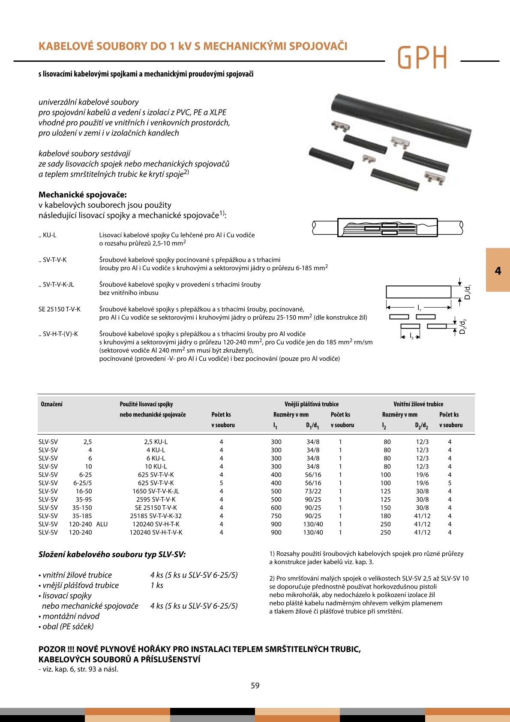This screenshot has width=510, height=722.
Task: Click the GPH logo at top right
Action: pos(422,57)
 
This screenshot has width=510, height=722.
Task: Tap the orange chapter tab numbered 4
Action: pos(498,270)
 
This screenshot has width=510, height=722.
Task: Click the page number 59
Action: pos(255,686)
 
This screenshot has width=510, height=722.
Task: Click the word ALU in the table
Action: pos(102,524)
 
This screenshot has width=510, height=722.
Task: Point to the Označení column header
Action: pos(51,404)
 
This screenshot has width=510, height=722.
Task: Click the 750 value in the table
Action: pos(276,516)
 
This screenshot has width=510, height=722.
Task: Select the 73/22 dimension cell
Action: pos(313,491)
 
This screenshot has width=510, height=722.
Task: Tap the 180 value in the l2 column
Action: pos(385,516)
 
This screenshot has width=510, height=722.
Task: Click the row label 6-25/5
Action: pos(82,483)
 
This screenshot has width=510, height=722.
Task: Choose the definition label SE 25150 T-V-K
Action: pos(60,309)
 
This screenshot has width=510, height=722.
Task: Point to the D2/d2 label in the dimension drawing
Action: pos(462,327)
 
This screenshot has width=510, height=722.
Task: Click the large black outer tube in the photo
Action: pos(399,116)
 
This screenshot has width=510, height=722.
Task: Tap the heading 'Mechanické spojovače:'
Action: pos(83,195)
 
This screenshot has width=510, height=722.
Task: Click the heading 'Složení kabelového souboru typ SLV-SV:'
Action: pos(112,554)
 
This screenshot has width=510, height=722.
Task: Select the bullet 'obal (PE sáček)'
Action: pos(68,626)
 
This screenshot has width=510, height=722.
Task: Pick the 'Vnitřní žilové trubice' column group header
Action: pos(418,404)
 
